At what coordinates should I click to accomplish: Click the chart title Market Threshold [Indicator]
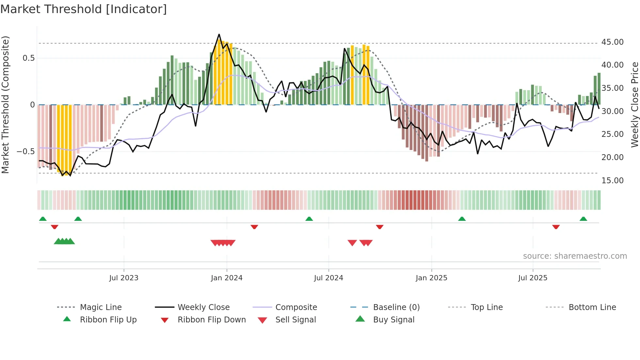click(x=84, y=9)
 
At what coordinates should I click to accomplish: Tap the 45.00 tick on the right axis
click(x=612, y=42)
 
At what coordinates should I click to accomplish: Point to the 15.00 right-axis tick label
click(x=612, y=180)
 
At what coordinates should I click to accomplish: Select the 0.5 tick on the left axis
click(x=28, y=58)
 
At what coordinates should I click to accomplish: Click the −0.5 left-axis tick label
click(x=25, y=152)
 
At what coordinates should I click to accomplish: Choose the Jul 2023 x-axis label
click(x=124, y=278)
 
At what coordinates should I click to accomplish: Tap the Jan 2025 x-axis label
click(x=431, y=278)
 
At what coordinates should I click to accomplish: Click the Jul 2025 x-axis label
click(x=533, y=278)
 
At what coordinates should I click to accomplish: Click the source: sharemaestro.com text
click(x=575, y=256)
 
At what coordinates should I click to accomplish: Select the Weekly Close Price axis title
click(x=634, y=105)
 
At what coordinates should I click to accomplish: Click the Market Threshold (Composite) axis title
click(x=5, y=105)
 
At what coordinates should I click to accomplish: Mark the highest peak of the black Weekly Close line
click(x=219, y=34)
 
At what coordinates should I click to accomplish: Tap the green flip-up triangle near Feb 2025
click(x=462, y=219)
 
